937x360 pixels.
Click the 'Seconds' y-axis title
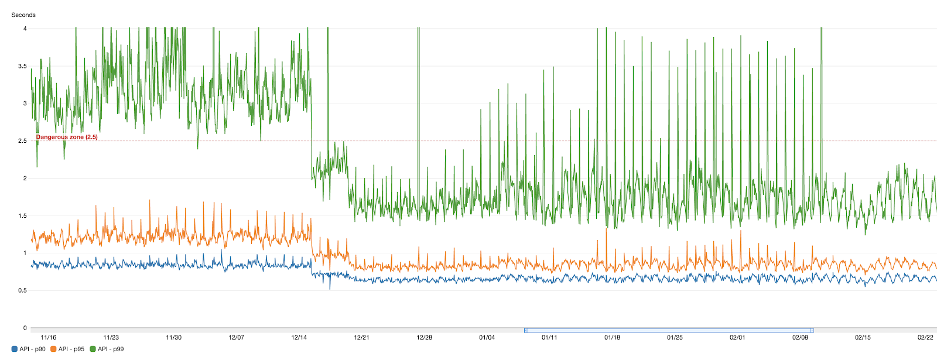pyautogui.click(x=23, y=15)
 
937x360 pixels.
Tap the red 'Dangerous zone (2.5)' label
pyautogui.click(x=67, y=137)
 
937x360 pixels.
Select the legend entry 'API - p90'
pyautogui.click(x=32, y=349)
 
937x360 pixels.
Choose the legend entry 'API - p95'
pyautogui.click(x=71, y=349)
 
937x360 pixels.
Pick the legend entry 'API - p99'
pyautogui.click(x=111, y=349)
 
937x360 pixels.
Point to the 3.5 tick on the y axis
pyautogui.click(x=22, y=66)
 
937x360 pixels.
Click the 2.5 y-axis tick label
pyautogui.click(x=22, y=141)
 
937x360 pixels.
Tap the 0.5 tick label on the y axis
pyautogui.click(x=22, y=291)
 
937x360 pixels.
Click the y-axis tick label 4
pyautogui.click(x=25, y=29)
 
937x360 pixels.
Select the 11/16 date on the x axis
pyautogui.click(x=49, y=338)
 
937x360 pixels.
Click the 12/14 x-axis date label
pyautogui.click(x=299, y=338)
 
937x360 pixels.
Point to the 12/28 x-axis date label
pyautogui.click(x=425, y=338)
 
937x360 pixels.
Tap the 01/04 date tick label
pyautogui.click(x=487, y=338)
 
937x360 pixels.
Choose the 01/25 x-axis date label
pyautogui.click(x=675, y=338)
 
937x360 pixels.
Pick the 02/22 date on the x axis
pyautogui.click(x=925, y=338)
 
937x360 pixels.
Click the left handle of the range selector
pyautogui.click(x=526, y=330)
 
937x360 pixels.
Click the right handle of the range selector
pyautogui.click(x=812, y=330)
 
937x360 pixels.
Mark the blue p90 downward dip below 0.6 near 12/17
pyautogui.click(x=330, y=287)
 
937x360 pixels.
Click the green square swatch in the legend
pyautogui.click(x=93, y=349)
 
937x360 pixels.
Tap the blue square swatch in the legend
pyautogui.click(x=15, y=349)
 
